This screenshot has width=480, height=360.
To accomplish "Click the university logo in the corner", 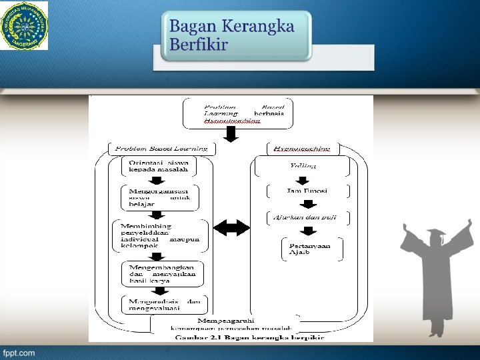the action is (x=25, y=26).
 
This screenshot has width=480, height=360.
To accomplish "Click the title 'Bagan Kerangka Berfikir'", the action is (x=231, y=35).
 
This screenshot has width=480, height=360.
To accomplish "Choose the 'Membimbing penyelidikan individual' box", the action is (x=160, y=236).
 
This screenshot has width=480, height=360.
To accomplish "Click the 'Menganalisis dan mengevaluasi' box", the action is (x=165, y=305).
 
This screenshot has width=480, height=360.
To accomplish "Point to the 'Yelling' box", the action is (x=303, y=165).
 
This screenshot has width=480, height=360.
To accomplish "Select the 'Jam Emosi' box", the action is (x=307, y=191).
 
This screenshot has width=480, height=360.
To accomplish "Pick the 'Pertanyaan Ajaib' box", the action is (x=312, y=249).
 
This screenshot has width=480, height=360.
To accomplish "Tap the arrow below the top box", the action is (x=230, y=135).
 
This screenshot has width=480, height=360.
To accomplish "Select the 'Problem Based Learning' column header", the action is (x=161, y=148).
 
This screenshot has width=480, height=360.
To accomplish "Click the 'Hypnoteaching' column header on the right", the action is (x=303, y=147).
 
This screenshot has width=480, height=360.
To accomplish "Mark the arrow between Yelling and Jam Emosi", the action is (x=303, y=179).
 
